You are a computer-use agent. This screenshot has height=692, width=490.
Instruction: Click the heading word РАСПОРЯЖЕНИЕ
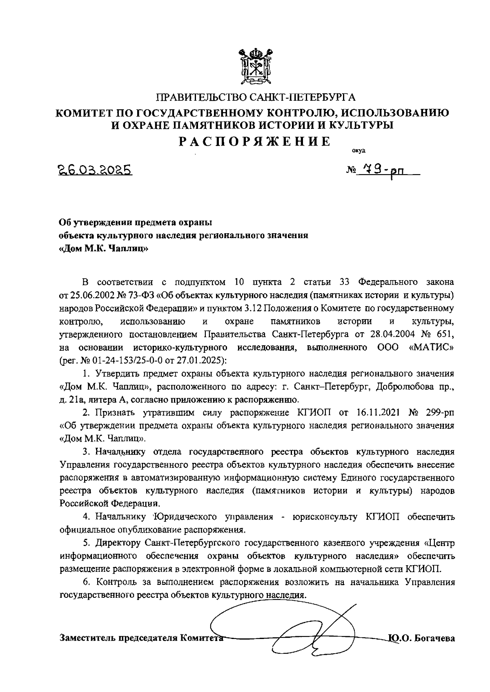tap(256, 141)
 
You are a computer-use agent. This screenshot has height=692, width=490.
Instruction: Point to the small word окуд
tap(359, 150)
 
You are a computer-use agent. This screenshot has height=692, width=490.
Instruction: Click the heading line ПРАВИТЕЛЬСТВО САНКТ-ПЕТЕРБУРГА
tap(256, 97)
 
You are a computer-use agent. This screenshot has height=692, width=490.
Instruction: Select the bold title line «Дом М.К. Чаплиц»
tap(104, 249)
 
